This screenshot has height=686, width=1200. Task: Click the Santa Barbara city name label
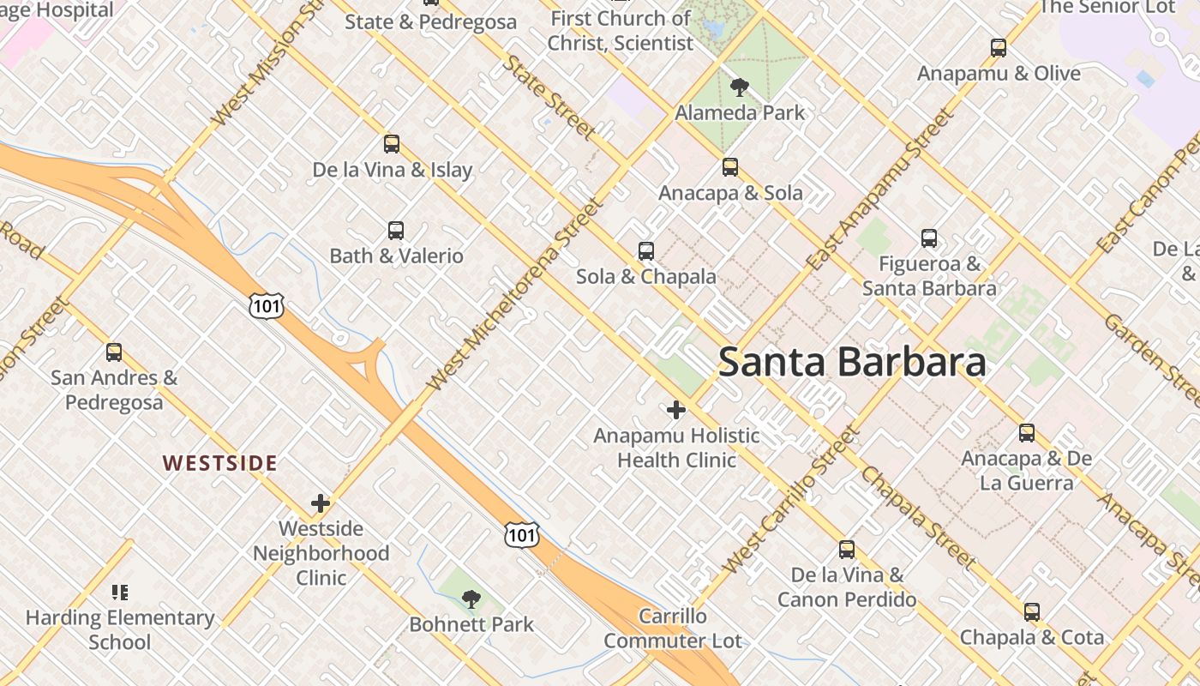[852, 362]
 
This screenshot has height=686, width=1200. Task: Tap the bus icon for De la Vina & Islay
[392, 144]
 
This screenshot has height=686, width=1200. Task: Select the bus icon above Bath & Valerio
[395, 230]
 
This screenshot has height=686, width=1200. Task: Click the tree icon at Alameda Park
[739, 87]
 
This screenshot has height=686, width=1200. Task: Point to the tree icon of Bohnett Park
[471, 599]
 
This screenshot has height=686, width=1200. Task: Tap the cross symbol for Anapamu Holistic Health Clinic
[676, 410]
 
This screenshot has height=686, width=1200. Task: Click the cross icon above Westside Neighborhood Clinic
[321, 502]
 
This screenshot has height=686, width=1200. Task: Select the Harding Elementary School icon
[119, 592]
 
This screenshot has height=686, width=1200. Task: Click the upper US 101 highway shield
[266, 304]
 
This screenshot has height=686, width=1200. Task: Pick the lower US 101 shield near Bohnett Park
[521, 534]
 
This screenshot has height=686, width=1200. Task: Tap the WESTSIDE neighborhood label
[220, 464]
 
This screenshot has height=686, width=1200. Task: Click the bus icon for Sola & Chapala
[646, 251]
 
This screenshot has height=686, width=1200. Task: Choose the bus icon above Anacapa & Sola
[730, 167]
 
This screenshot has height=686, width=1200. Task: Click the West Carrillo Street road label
[789, 501]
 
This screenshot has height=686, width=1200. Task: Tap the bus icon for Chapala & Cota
[1032, 612]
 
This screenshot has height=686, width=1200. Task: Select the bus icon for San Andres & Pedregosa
[114, 352]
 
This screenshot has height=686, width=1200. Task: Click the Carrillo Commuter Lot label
[673, 629]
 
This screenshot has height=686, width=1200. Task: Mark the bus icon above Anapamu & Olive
[999, 48]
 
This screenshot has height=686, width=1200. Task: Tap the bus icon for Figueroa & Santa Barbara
[929, 238]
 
